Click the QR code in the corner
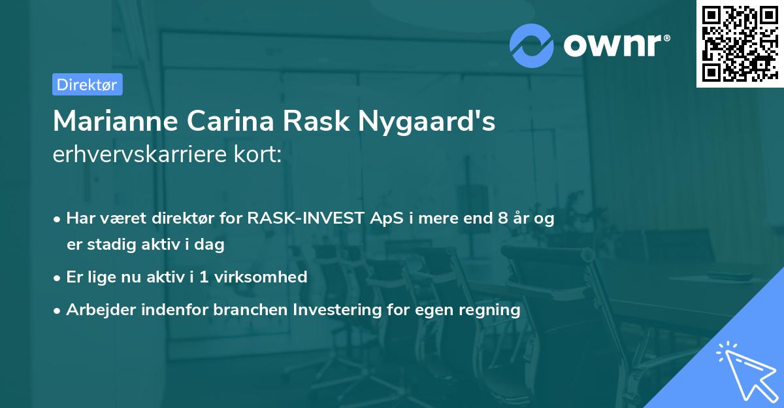coord(740,44)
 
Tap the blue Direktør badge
coord(87,84)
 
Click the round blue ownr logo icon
coord(532,44)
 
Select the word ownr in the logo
coord(615,44)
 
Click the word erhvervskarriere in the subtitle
coord(137,155)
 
